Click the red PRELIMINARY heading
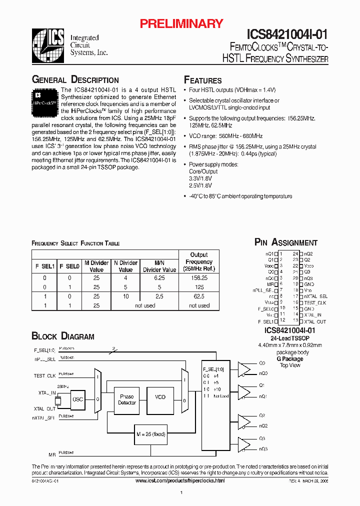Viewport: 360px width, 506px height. [x=180, y=23]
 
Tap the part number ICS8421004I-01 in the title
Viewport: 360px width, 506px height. [x=287, y=34]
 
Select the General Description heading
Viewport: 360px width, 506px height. [x=75, y=80]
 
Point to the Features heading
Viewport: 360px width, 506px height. [x=202, y=80]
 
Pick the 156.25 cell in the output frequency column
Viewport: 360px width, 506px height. [x=199, y=278]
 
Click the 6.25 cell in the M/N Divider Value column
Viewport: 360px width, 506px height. [x=159, y=278]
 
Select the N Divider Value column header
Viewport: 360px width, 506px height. [x=125, y=266]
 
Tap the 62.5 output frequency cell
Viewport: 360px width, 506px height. [x=199, y=296]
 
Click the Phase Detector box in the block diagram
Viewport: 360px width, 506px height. [x=127, y=400]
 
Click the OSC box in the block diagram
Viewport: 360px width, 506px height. [x=77, y=400]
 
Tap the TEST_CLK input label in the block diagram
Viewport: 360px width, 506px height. [x=44, y=375]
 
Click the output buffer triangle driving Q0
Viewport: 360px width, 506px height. [x=244, y=369]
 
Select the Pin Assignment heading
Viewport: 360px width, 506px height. [x=285, y=242]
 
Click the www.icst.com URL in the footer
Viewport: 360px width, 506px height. [x=180, y=480]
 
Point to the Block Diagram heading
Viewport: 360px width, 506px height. [x=63, y=336]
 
